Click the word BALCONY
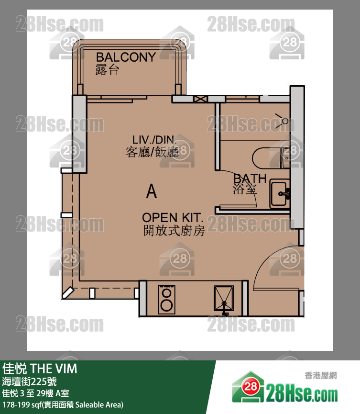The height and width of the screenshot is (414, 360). (x=126, y=57)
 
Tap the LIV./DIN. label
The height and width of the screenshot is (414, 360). (x=154, y=140)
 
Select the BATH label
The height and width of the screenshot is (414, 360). (x=250, y=179)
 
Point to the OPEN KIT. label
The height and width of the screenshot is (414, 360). (x=173, y=218)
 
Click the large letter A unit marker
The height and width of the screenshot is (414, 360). (x=152, y=191)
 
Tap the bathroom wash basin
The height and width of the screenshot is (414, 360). (x=280, y=194)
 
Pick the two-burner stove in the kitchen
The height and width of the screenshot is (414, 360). (x=167, y=299)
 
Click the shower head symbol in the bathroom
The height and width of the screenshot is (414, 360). (x=282, y=121)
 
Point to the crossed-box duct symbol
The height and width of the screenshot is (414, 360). (x=200, y=99)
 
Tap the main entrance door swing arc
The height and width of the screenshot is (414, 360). (x=272, y=264)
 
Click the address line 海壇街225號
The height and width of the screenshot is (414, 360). (x=29, y=381)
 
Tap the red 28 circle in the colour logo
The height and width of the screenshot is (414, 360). (x=250, y=387)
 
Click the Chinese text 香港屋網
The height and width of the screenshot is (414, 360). (x=321, y=375)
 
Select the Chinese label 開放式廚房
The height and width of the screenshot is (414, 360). (x=174, y=231)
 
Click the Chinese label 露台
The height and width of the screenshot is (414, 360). (x=108, y=70)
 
